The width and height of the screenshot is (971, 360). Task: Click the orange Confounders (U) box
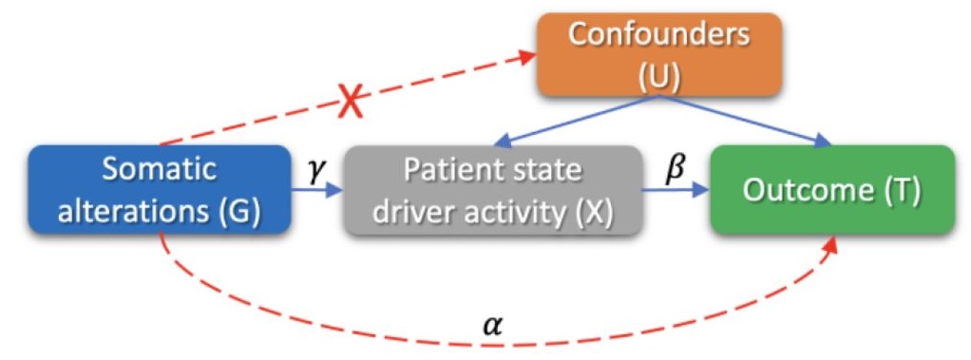tap(658, 55)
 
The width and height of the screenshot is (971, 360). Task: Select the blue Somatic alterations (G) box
tap(160, 189)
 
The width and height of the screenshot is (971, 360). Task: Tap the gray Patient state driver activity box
tap(492, 190)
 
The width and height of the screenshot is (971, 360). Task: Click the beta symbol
tap(674, 168)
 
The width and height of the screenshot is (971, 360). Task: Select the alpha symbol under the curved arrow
tap(491, 326)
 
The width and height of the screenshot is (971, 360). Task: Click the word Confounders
tap(658, 36)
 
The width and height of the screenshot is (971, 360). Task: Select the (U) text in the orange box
tap(658, 75)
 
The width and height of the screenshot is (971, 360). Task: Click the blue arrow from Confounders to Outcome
tap(751, 122)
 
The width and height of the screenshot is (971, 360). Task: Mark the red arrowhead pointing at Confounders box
tap(528, 58)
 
